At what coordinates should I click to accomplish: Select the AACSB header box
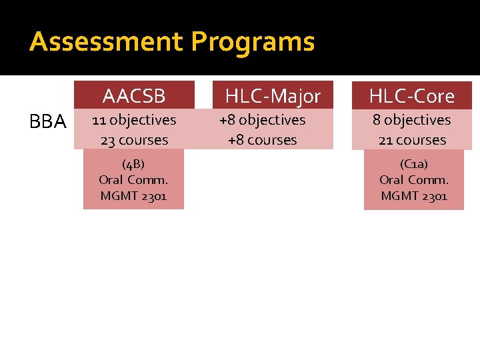(x=133, y=96)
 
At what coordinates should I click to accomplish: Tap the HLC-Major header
(x=273, y=96)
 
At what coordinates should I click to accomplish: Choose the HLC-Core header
(x=412, y=96)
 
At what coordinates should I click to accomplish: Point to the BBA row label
(x=48, y=121)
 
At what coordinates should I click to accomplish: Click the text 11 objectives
(x=133, y=120)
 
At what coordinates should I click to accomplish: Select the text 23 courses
(x=133, y=140)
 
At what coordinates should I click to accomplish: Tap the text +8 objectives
(x=262, y=120)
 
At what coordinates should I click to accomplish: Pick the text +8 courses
(x=262, y=140)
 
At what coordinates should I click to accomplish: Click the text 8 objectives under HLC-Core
(x=412, y=120)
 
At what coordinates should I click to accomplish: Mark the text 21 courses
(x=412, y=140)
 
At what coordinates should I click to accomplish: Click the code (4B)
(x=133, y=164)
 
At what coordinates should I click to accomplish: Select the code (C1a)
(x=413, y=164)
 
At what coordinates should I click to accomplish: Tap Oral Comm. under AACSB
(x=133, y=179)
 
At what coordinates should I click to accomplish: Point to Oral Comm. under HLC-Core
(x=413, y=179)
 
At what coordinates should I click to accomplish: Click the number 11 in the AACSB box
(x=99, y=120)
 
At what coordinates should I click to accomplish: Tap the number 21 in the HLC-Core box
(x=385, y=140)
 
